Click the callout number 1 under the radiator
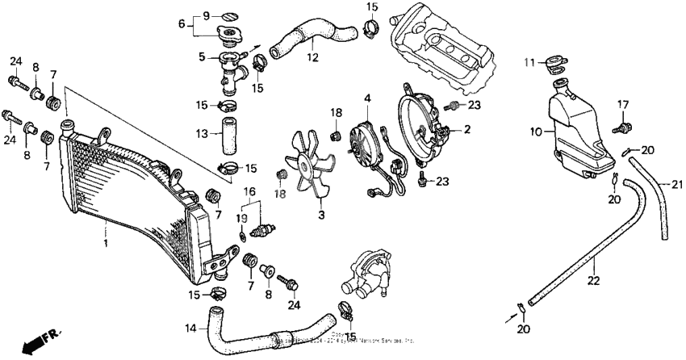pos(104,241)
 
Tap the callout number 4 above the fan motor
pos(367,98)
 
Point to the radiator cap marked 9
pos(228,15)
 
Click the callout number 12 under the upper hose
pos(310,57)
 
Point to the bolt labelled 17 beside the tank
pos(622,126)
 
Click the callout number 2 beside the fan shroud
pos(466,129)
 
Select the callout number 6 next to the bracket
pos(182,24)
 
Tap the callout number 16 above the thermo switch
pos(250,191)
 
